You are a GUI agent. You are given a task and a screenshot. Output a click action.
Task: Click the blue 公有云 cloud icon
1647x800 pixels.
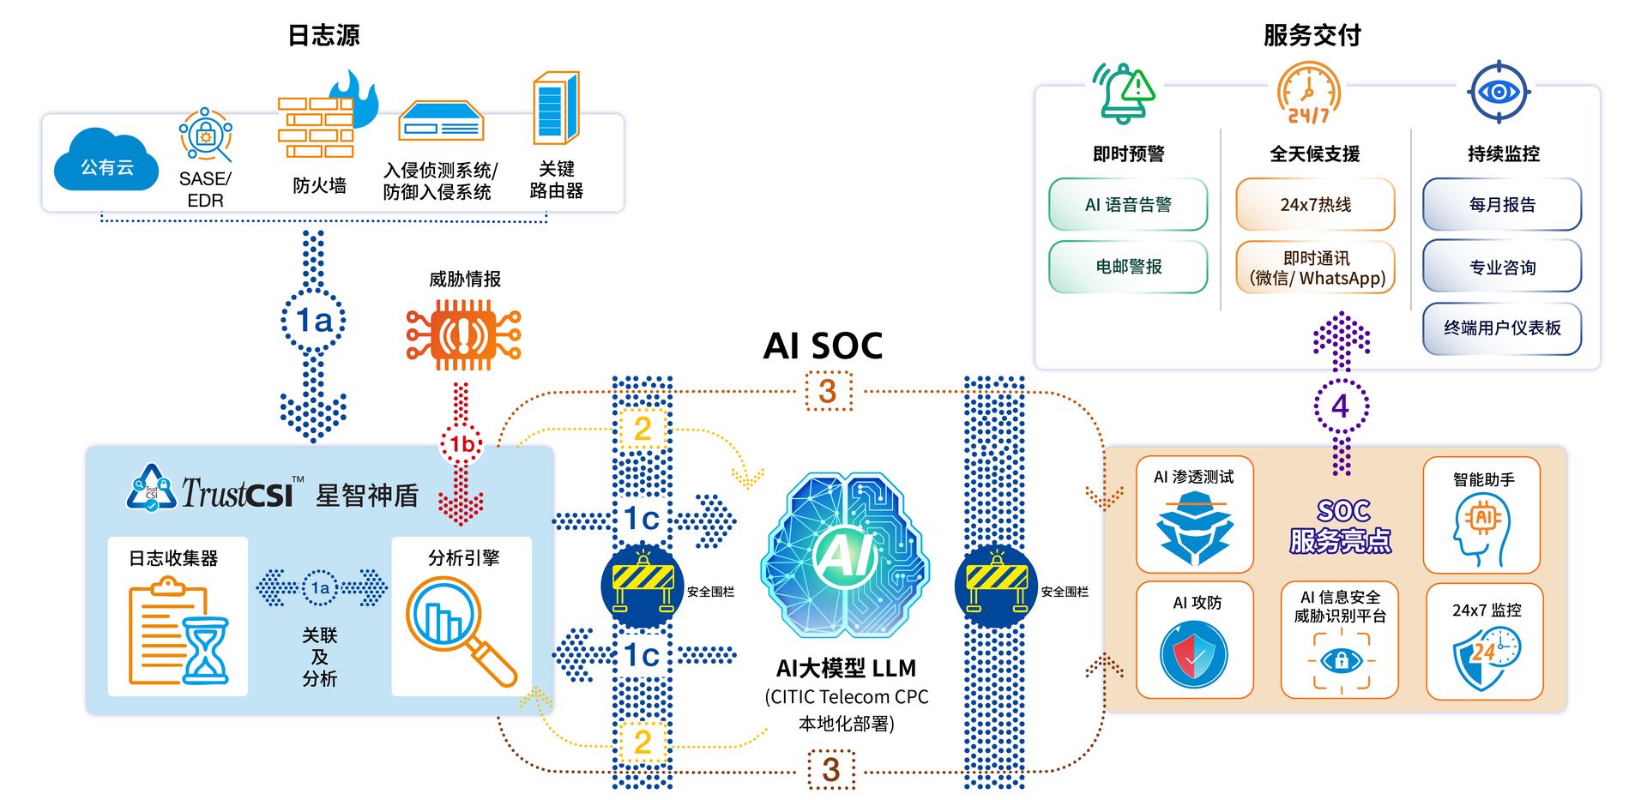106,163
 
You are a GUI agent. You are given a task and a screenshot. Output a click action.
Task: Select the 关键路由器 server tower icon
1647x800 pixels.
556,109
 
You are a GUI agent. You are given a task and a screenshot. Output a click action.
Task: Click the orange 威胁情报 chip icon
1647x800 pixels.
463,335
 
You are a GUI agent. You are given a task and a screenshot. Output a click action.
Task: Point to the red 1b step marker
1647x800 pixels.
462,444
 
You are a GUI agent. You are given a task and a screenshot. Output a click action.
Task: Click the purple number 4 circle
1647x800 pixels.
1341,406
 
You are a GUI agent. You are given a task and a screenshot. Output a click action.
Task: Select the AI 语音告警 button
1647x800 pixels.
1128,205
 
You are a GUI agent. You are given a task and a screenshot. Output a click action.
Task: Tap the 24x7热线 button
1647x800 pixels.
1315,205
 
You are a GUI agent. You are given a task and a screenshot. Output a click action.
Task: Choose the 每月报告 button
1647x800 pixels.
1502,205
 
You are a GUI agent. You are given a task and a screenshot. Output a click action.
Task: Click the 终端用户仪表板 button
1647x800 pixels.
1502,328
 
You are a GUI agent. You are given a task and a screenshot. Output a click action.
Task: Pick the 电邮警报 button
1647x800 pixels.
1128,267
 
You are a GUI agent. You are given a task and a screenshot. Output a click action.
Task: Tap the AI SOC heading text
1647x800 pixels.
823,346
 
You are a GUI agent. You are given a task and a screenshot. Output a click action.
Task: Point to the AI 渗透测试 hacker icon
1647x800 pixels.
1194,529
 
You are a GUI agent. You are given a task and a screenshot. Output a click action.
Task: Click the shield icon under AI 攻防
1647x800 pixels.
1194,655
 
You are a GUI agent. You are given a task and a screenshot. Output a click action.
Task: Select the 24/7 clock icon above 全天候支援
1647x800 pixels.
1308,93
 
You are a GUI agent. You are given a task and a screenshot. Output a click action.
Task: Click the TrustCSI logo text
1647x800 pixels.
237,493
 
